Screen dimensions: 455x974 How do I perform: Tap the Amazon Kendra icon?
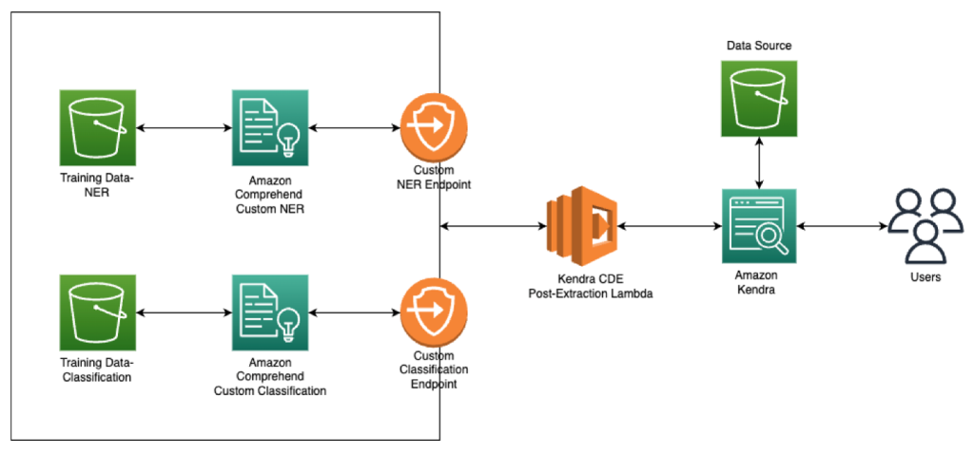point(758,227)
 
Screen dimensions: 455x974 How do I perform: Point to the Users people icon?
point(924,226)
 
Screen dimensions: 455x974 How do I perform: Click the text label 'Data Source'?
point(758,46)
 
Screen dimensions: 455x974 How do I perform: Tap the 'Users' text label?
point(924,277)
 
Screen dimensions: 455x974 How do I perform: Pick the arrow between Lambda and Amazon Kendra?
point(668,227)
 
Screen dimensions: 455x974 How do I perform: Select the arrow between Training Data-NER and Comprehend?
point(184,127)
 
